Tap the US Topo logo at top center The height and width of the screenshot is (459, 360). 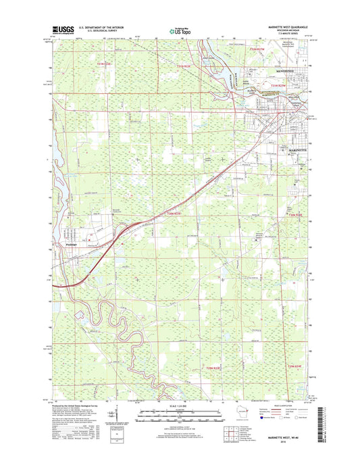point(179,30)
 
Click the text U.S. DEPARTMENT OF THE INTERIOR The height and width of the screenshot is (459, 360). point(103,28)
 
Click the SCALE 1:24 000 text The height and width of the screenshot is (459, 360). point(179,406)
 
